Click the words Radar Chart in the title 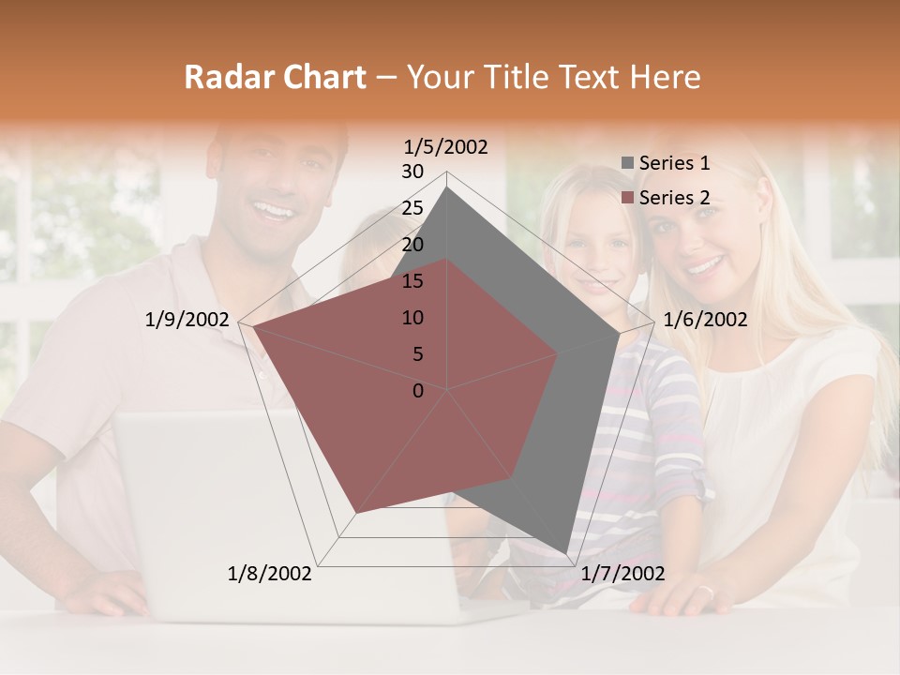coord(275,77)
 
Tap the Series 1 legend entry coord(674,163)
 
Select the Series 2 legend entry coord(674,198)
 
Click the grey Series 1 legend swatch coord(628,164)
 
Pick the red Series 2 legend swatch coord(628,199)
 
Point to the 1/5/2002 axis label coord(445,146)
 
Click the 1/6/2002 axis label coord(705,320)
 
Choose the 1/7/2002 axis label coord(622,574)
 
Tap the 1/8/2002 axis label coord(270,574)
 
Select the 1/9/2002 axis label coord(187,320)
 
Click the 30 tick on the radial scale coord(412,172)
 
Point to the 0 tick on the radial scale coord(418,391)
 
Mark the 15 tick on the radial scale coord(412,281)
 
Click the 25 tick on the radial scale coord(412,208)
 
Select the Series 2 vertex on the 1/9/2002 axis coord(253,327)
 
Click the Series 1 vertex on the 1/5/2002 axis coord(447,187)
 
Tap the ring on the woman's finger coord(708,592)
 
